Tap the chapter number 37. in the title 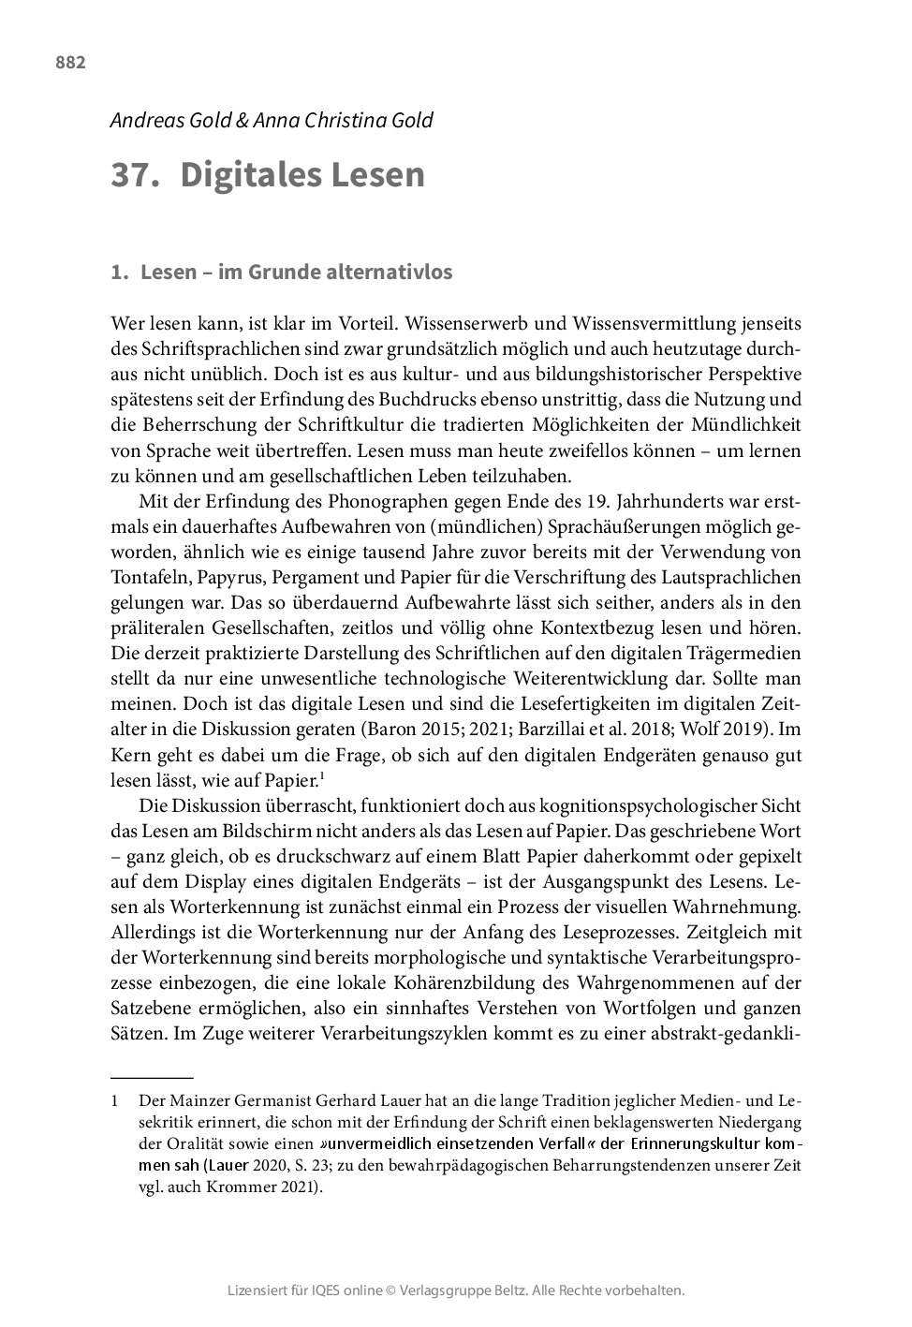pyautogui.click(x=135, y=175)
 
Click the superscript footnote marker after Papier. pyautogui.click(x=321, y=775)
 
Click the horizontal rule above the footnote pyautogui.click(x=152, y=1079)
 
